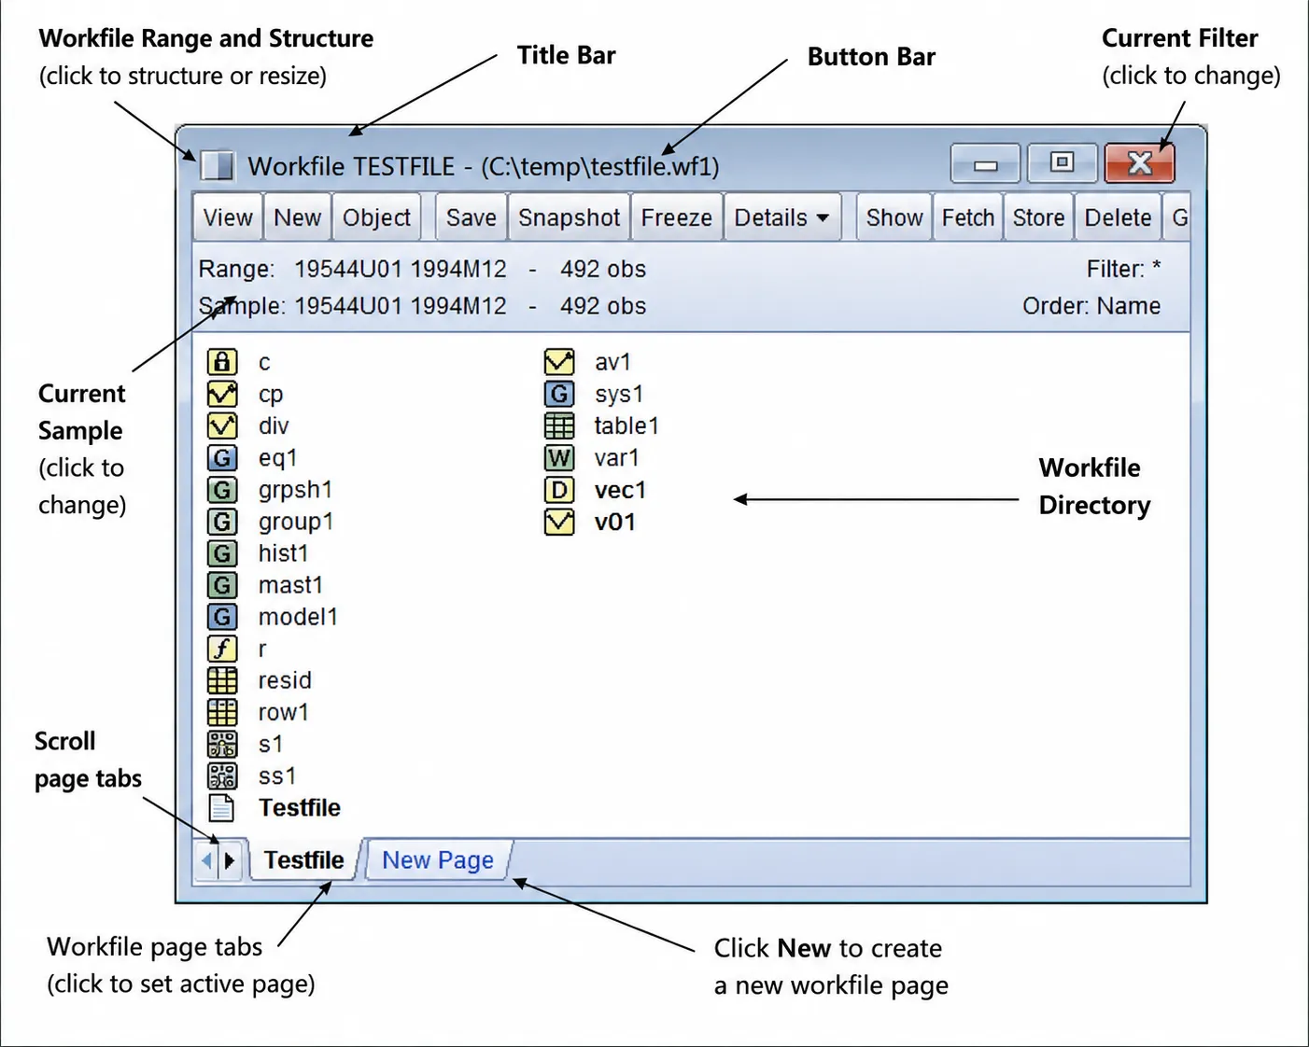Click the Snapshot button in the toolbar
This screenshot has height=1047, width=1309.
coord(569,217)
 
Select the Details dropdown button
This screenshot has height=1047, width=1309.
coord(782,217)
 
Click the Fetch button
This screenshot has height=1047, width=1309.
coord(968,217)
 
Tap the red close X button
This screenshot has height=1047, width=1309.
coord(1139,163)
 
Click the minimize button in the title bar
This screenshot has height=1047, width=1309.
coord(985,163)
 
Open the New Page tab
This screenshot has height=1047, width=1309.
coord(438,859)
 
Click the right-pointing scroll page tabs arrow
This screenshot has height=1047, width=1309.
coord(230,860)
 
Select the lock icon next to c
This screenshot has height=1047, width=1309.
coord(222,362)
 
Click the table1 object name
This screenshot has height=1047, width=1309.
coord(626,426)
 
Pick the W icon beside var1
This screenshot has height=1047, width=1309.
coord(559,458)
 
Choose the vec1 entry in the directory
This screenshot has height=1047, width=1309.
coord(620,490)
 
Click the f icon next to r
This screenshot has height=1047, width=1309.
coord(222,649)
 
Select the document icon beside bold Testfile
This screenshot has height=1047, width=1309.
coord(221,807)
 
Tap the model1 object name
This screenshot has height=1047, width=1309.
coord(298,617)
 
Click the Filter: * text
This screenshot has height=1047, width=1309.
coord(1123,269)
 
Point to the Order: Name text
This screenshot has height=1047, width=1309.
coord(1091,306)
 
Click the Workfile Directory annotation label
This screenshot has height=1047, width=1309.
coord(1094,486)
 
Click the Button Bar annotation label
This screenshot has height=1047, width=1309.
coord(871,57)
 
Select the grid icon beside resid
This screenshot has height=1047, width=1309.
coord(222,680)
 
